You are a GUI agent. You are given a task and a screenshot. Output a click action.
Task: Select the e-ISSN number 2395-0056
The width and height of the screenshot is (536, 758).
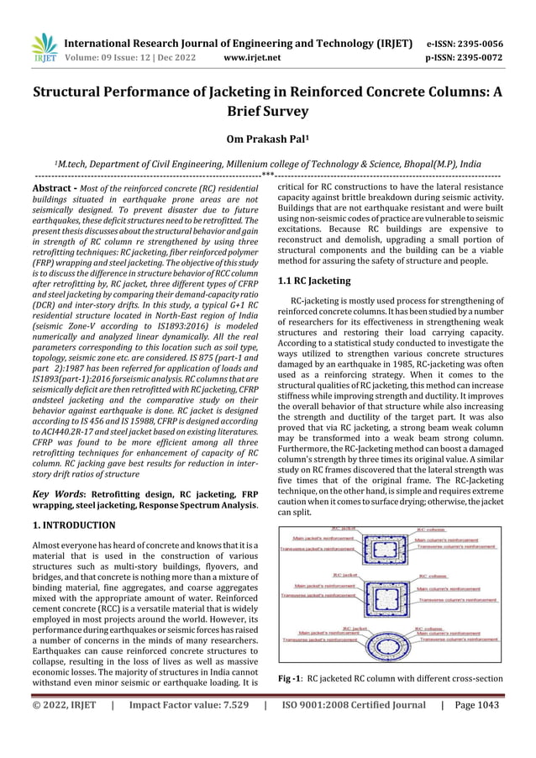tap(481, 45)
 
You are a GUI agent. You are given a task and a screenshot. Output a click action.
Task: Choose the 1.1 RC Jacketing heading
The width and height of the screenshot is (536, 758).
tap(314, 281)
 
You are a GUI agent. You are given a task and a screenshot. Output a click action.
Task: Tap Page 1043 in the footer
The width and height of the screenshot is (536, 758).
tap(475, 729)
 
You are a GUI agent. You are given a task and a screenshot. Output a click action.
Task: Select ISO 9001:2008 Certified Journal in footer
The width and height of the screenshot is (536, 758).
tap(354, 729)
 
